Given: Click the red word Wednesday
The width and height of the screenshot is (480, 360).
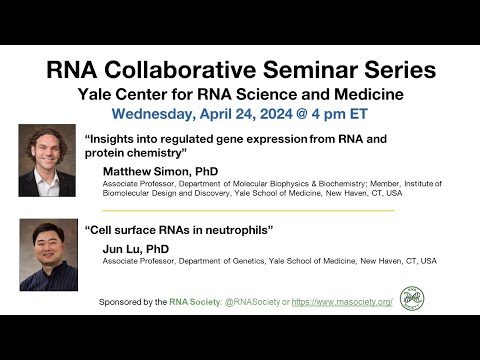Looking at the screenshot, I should coord(157,115).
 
